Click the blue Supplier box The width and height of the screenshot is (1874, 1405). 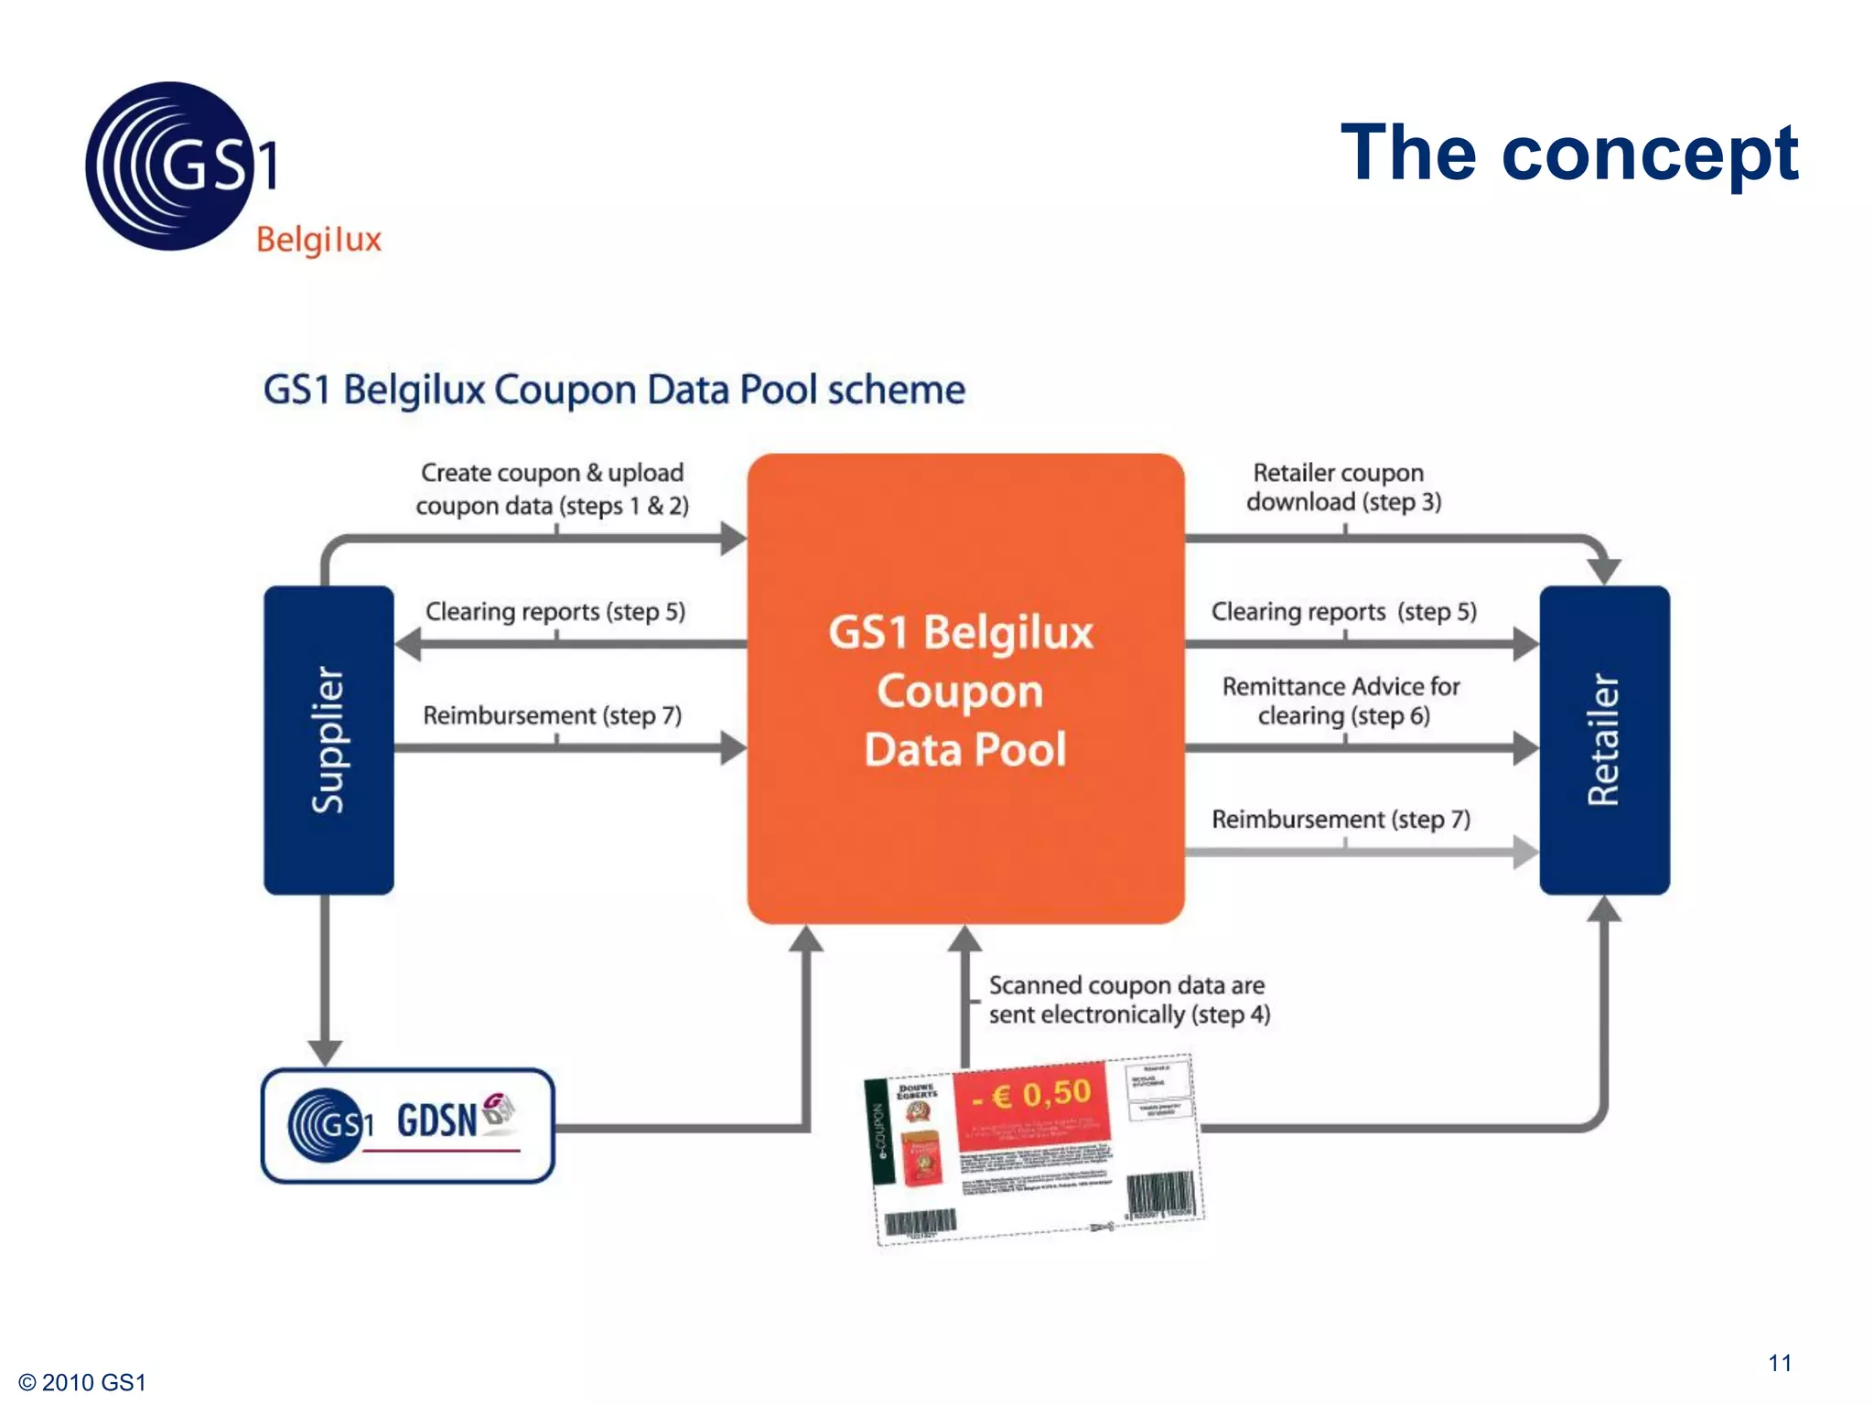point(328,739)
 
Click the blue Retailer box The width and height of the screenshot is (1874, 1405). point(1604,739)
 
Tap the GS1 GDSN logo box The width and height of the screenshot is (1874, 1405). point(408,1125)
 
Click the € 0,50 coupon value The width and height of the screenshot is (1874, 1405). point(1031,1094)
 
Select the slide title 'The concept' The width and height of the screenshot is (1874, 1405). point(1568,153)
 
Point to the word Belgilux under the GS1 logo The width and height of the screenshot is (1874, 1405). point(318,240)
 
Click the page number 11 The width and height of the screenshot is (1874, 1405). point(1779,1363)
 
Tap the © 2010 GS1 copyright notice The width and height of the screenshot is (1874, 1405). point(82,1382)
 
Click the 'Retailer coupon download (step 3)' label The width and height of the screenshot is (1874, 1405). point(1342,488)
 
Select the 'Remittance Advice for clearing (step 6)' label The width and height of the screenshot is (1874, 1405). point(1341,701)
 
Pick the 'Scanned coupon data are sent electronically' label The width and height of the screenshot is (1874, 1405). point(1129,1000)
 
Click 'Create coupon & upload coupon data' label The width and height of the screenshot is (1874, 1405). point(552,489)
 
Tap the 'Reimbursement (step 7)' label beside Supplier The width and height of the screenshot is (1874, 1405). point(553,715)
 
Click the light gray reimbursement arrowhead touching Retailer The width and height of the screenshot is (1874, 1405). point(1524,853)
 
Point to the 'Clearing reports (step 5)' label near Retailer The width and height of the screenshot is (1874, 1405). point(1343,611)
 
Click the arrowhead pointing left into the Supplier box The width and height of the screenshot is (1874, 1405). point(409,644)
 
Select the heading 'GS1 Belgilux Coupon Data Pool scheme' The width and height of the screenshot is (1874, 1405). point(614,390)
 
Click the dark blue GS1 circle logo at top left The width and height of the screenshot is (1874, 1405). point(168,166)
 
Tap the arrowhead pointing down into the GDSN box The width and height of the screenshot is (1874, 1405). point(325,1053)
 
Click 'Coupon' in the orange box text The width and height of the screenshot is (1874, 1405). point(960,692)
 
